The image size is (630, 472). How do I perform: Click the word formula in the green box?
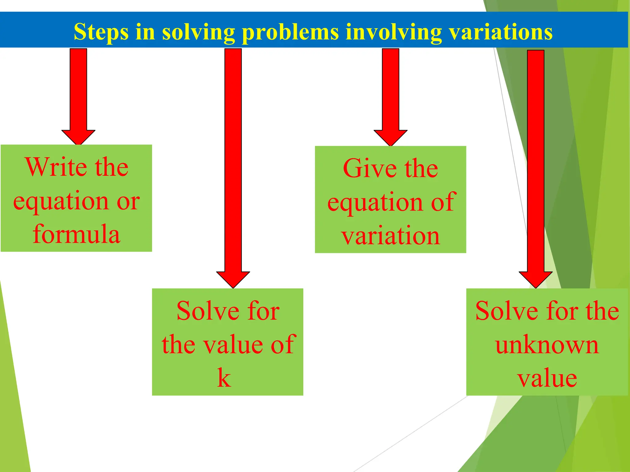(76, 234)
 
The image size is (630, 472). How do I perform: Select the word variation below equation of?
(390, 236)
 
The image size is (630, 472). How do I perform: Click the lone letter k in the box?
(224, 378)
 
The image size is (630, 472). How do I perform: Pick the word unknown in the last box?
(547, 345)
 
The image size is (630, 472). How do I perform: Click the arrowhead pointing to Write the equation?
(78, 137)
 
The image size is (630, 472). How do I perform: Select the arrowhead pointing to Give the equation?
(390, 137)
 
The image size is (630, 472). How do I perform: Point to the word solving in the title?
(198, 32)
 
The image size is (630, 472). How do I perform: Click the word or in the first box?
(128, 201)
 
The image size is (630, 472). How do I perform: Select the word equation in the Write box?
(61, 201)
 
